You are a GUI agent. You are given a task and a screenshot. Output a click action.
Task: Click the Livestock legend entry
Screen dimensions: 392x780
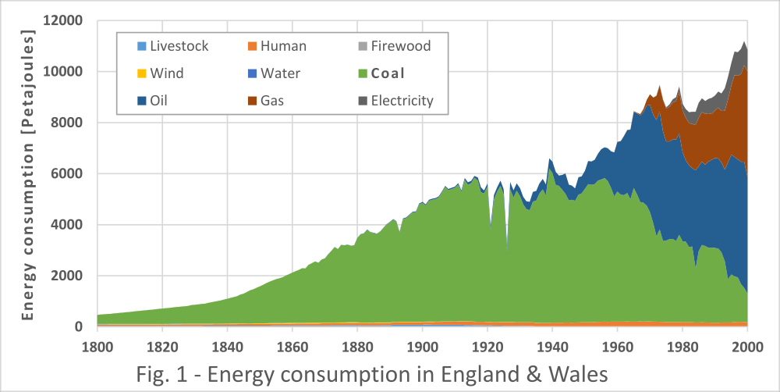coord(172,46)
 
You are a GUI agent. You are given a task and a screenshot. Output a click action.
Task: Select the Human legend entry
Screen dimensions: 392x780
coord(277,46)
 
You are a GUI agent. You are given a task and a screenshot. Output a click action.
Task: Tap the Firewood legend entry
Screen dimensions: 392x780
coord(394,46)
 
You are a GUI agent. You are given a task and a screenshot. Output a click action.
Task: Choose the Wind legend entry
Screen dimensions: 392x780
coord(160,73)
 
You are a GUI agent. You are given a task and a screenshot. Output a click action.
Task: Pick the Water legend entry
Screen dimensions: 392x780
coord(274,73)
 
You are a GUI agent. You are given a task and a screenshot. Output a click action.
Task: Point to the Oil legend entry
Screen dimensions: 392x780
coord(152,101)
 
